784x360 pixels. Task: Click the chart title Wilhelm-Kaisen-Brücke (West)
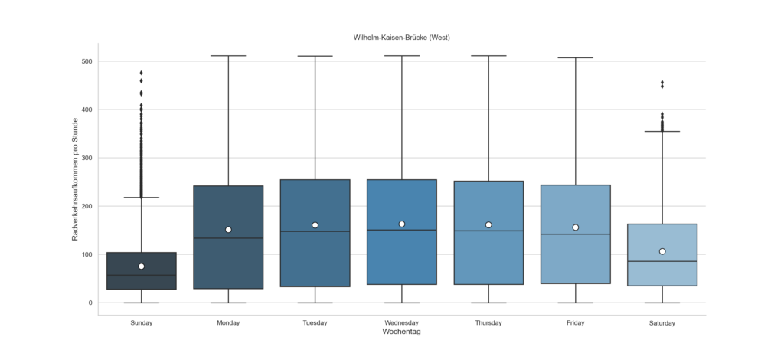tap(401, 37)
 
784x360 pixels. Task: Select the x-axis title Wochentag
tap(401, 332)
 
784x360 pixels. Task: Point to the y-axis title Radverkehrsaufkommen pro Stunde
tap(76, 181)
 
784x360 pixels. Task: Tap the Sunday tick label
tap(141, 323)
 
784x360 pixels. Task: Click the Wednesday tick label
tap(401, 323)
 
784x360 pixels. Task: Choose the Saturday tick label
tap(661, 323)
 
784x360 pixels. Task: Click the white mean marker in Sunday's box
tap(142, 267)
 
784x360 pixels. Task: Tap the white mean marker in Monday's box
tap(228, 230)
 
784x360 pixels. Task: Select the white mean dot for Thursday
tap(488, 225)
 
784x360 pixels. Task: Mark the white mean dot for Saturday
tap(662, 251)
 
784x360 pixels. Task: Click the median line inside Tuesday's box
tap(315, 231)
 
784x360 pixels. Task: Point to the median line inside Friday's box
tap(575, 234)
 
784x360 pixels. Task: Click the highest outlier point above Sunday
tap(142, 73)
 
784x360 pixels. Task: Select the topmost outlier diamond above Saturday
tap(662, 83)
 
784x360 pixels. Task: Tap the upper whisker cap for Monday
tap(228, 56)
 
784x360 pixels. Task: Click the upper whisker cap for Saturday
tap(662, 132)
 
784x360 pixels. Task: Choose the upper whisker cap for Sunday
tap(142, 198)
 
